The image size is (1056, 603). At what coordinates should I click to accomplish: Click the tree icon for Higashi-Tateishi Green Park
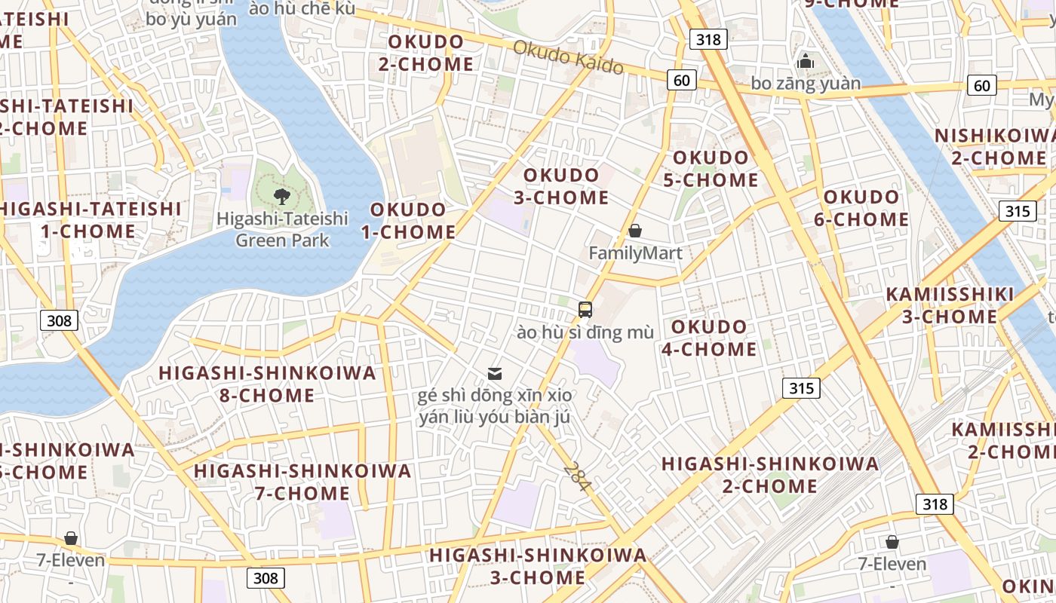click(x=282, y=197)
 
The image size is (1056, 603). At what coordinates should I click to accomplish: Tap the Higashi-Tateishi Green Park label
click(x=282, y=230)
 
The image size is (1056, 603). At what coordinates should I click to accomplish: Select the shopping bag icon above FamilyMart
click(x=635, y=231)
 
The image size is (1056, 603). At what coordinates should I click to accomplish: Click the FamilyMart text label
click(x=635, y=253)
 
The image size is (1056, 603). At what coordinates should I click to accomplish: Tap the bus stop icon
click(x=585, y=309)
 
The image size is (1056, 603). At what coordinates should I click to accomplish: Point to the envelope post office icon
click(x=495, y=373)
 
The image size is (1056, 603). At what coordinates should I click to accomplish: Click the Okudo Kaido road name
click(x=568, y=57)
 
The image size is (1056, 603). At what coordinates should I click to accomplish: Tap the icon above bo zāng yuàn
click(x=806, y=61)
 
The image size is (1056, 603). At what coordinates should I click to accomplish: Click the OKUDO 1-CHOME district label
click(x=408, y=221)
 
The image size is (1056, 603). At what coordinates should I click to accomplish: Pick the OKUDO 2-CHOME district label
click(x=426, y=53)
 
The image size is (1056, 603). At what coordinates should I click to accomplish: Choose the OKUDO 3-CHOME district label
click(x=561, y=186)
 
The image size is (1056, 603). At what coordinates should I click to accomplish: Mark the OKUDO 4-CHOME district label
click(x=709, y=338)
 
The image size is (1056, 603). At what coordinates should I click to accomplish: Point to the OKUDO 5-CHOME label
click(x=711, y=169)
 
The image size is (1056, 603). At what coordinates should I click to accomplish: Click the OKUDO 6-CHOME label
click(x=861, y=208)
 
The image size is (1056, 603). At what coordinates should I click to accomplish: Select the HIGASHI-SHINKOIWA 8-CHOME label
click(x=267, y=384)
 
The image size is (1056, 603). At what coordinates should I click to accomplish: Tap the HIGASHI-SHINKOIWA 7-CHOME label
click(x=302, y=482)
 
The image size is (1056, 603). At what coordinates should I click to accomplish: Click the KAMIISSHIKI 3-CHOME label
click(x=950, y=305)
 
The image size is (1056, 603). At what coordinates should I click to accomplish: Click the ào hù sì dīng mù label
click(x=585, y=332)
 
